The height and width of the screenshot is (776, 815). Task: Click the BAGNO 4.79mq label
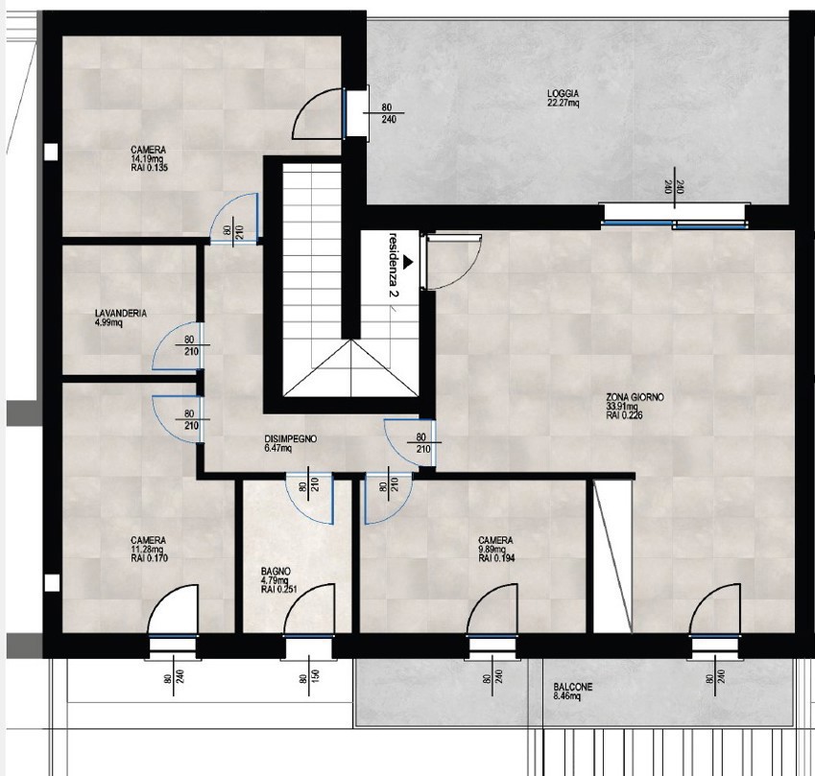coord(276,579)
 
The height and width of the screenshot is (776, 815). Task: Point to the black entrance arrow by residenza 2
coord(409,260)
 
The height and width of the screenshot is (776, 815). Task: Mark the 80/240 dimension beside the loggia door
coord(388,114)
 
